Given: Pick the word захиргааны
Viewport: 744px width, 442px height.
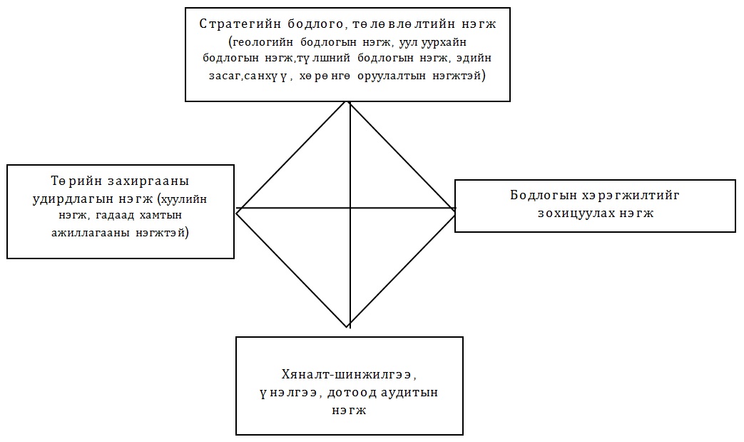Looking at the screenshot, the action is (x=148, y=181).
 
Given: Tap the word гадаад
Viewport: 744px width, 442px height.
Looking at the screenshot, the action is (x=114, y=216).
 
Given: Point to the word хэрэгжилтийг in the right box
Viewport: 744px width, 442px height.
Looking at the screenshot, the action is (x=630, y=196).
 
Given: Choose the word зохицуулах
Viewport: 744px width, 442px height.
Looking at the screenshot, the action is (x=576, y=214).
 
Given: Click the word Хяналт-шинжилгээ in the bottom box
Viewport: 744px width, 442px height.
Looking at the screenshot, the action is (x=350, y=375).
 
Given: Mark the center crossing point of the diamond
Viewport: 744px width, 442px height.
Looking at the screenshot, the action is (x=350, y=208).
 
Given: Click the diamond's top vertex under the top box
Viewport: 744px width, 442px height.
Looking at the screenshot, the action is (x=350, y=101).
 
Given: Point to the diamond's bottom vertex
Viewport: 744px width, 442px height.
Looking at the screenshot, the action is (x=349, y=328).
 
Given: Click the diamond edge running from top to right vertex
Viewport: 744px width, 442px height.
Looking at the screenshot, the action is (x=402, y=155).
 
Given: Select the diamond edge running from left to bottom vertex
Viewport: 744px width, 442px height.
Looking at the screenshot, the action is (x=292, y=269).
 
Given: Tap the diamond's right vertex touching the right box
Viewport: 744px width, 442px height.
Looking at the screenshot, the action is (x=456, y=209).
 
